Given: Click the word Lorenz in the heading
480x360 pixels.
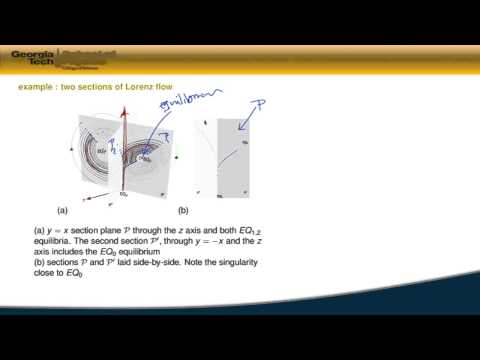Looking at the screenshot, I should coord(132,87).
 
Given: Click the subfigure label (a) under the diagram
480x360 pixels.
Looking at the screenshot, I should coord(63,211).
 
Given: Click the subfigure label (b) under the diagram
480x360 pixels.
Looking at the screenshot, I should coord(183,211).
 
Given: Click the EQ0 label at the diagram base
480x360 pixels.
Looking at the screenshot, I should coord(124,193).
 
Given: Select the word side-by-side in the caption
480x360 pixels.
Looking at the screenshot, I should coord(166,264).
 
